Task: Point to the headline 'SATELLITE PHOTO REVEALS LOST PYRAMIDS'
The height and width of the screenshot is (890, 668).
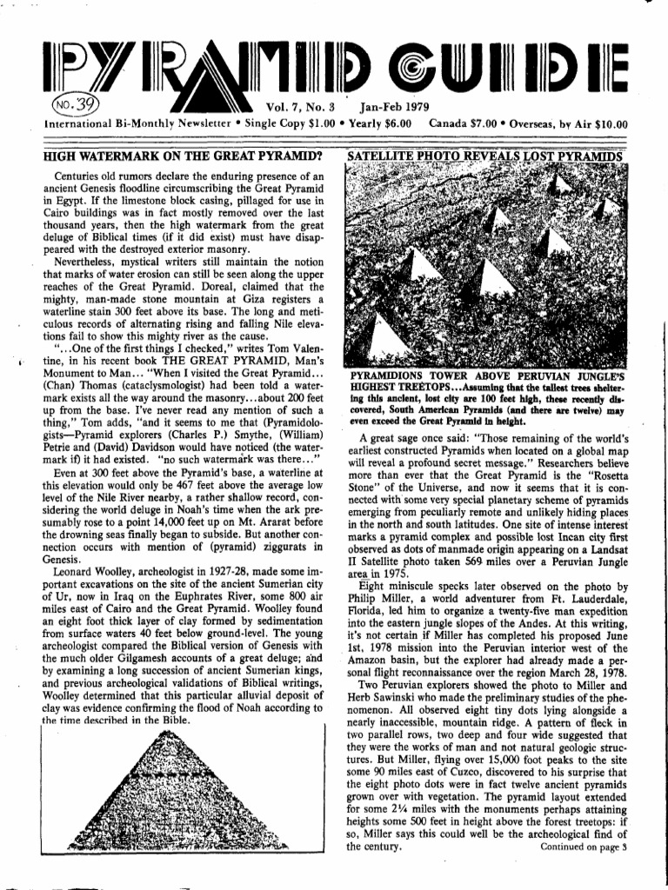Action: click(x=485, y=157)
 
